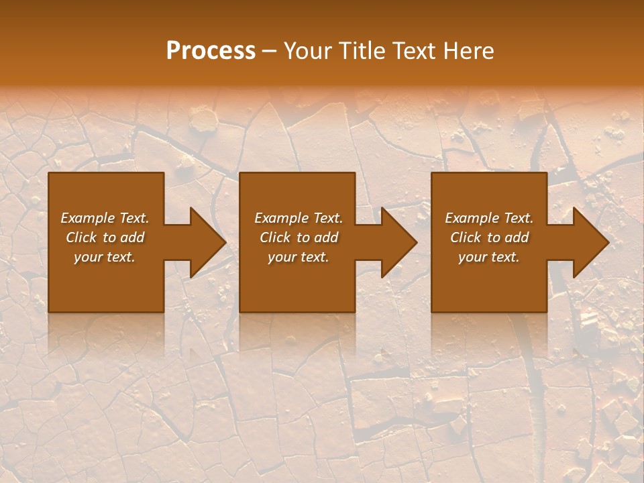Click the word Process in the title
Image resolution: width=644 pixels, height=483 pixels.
(x=211, y=50)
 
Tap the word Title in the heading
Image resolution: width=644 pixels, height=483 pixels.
(x=361, y=50)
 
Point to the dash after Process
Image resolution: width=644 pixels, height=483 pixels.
(x=270, y=52)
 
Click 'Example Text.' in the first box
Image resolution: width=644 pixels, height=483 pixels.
(x=105, y=218)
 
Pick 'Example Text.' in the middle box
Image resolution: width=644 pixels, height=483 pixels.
(x=299, y=218)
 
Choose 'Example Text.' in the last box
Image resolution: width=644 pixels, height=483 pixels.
(x=489, y=218)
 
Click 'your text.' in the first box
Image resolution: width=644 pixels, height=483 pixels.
(x=105, y=257)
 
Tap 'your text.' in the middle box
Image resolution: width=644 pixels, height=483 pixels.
(x=299, y=257)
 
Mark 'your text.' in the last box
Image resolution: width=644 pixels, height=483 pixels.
(x=489, y=257)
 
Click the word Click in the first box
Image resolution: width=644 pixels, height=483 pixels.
(x=81, y=237)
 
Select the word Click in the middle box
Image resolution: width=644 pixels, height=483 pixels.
(x=275, y=237)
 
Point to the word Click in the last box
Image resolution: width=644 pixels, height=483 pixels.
(x=466, y=237)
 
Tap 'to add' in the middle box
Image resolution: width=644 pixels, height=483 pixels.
(x=318, y=237)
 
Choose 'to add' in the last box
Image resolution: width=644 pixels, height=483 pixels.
(x=508, y=237)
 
